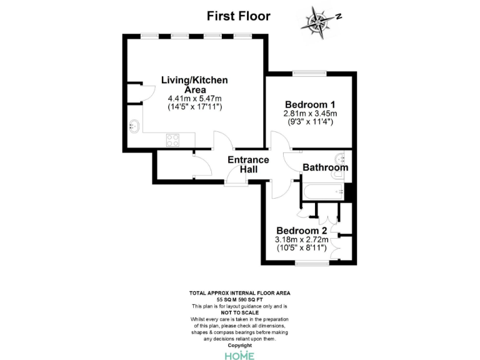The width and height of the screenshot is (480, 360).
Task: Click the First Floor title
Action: tap(239, 16)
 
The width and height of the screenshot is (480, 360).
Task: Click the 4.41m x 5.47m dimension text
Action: tap(195, 99)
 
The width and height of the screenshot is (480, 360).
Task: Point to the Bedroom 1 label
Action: tap(311, 104)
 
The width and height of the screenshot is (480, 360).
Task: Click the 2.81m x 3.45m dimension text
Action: tap(311, 114)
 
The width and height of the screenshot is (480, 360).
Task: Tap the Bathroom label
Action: tap(325, 167)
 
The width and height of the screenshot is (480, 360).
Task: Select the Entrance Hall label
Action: tap(247, 164)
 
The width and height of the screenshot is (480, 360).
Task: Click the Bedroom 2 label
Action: tap(302, 229)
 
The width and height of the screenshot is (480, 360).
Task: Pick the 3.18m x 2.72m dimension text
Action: tap(302, 239)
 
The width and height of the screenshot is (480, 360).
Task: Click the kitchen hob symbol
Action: tap(173, 141)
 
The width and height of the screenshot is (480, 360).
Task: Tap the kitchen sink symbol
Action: tap(134, 126)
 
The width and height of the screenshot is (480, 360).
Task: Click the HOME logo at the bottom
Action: tap(239, 355)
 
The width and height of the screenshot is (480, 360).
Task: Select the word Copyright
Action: tap(239, 345)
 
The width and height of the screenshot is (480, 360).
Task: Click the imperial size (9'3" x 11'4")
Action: tap(311, 122)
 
